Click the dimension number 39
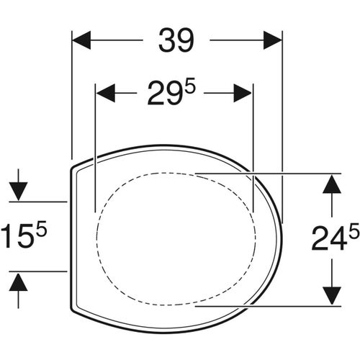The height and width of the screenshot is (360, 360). tap(176, 40)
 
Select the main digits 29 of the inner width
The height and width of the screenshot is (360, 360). tap(164, 94)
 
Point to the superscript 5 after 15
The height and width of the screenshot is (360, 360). tap(43, 228)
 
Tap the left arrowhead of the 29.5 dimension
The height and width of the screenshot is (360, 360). tap(106, 93)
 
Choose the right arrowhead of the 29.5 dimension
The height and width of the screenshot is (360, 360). tap(243, 93)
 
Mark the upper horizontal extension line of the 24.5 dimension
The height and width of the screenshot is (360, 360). tap(288, 174)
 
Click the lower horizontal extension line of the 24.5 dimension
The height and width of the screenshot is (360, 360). tap(288, 304)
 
